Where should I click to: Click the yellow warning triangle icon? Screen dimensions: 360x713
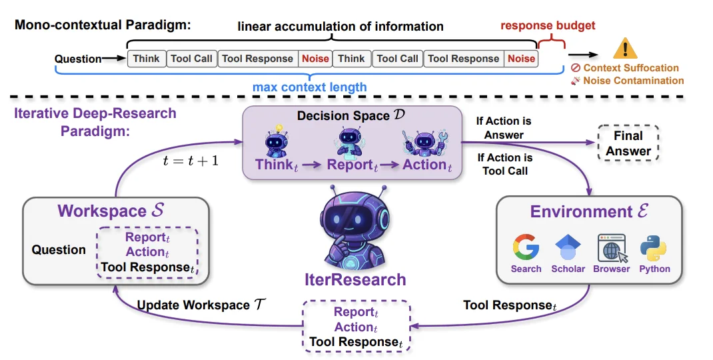(x=625, y=49)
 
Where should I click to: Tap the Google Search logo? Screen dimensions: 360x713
(x=526, y=247)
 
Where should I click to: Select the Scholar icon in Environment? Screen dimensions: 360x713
(x=568, y=248)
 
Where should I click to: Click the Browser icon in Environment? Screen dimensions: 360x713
(x=611, y=247)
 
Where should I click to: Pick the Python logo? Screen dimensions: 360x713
(x=654, y=247)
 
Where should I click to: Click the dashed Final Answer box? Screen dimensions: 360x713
(x=628, y=143)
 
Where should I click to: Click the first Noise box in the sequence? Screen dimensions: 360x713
(x=315, y=59)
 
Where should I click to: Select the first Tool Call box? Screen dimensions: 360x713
(x=191, y=59)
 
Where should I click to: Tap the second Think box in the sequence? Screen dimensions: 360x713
(x=351, y=59)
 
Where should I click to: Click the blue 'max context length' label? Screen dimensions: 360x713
(x=309, y=87)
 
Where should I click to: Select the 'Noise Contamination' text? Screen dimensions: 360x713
(x=633, y=81)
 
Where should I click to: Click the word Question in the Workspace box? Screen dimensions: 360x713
(x=59, y=250)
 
